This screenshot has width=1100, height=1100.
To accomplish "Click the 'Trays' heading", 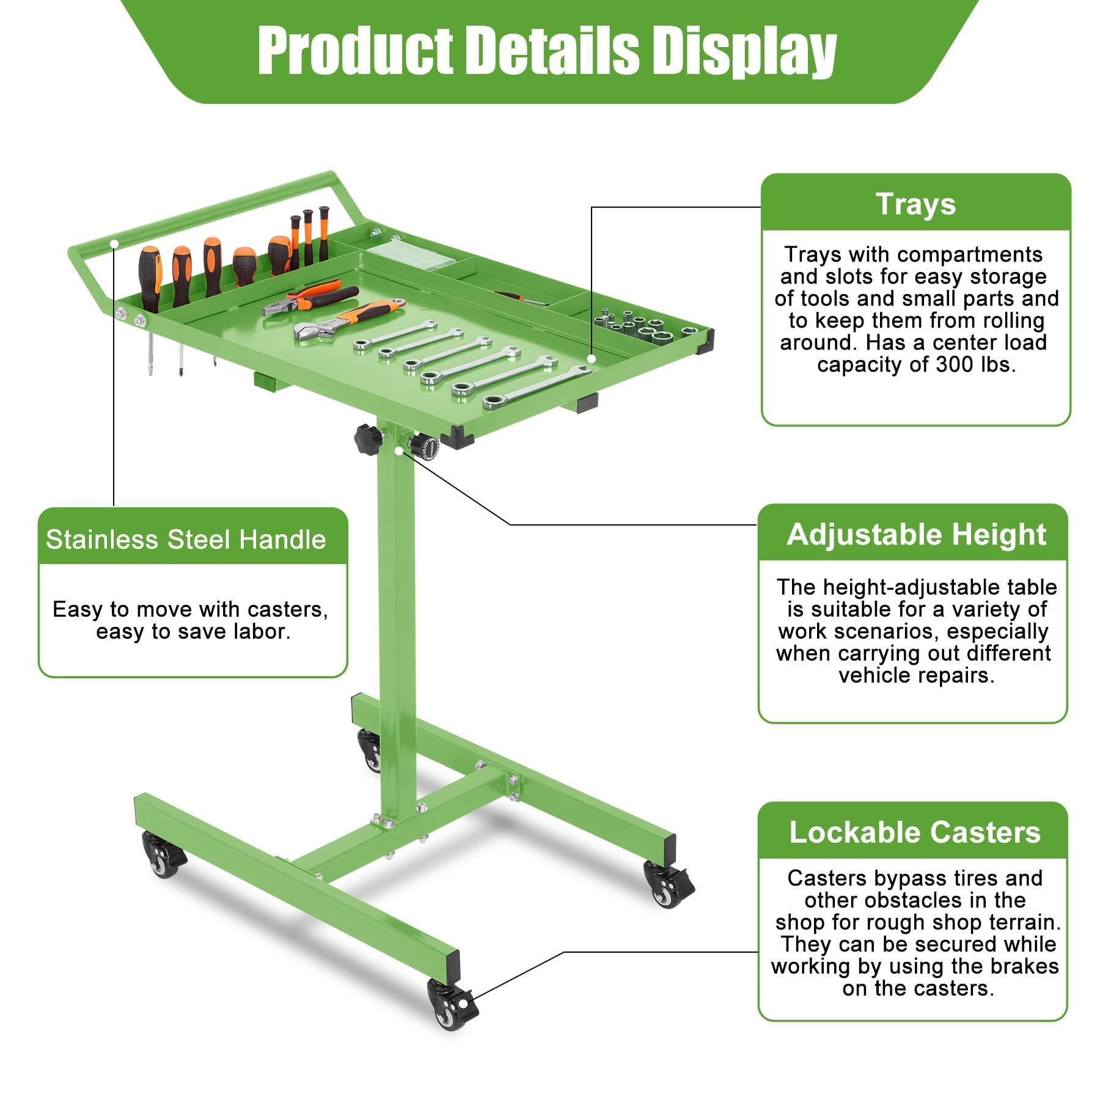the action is coord(915,204).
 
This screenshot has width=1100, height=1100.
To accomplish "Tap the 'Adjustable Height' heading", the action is coord(916,535).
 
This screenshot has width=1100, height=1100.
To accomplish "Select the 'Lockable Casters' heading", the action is coord(915,832).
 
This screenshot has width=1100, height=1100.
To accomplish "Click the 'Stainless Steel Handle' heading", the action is coord(186,540).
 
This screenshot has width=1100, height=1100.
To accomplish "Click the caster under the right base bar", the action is coord(668,883).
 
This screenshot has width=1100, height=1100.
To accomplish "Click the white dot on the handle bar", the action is coord(114,243).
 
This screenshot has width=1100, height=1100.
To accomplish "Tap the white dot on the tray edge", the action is coord(591,358).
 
